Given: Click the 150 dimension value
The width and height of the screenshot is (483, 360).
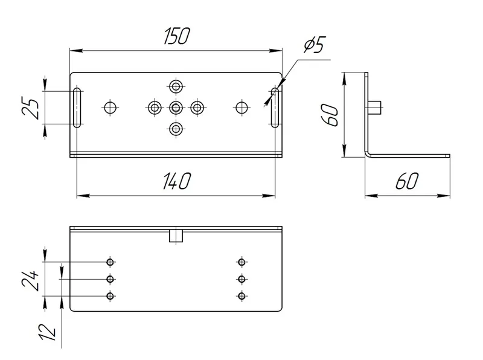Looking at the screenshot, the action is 176,36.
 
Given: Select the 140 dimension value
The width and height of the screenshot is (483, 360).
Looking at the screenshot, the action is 176,181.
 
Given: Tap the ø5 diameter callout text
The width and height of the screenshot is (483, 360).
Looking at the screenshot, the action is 315,45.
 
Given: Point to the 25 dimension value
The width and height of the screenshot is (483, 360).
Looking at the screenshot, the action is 31,108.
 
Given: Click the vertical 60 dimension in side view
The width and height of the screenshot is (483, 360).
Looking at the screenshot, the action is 330,115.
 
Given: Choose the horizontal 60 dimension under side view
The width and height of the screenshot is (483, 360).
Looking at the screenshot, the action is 407,181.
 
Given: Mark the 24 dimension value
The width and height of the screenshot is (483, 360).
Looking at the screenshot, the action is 30,281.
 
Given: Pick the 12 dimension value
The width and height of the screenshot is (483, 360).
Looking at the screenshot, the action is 48,332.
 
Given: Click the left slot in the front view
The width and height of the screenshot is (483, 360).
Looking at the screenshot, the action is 77,108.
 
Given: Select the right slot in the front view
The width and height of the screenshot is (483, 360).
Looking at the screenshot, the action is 275,108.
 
